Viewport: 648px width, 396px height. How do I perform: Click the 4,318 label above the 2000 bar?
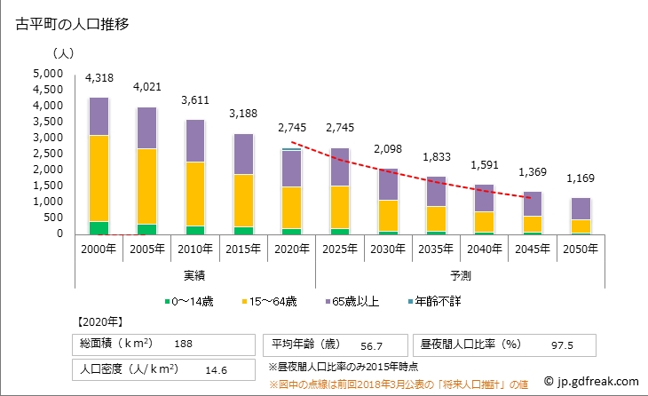click(x=99, y=79)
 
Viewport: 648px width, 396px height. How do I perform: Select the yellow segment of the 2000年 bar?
click(x=99, y=178)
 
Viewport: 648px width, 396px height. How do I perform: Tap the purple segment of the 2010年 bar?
click(x=196, y=140)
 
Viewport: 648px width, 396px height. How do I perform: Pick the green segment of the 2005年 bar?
click(x=147, y=229)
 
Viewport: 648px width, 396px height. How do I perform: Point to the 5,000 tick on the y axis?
click(x=48, y=74)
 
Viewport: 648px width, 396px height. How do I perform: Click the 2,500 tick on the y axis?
click(x=48, y=154)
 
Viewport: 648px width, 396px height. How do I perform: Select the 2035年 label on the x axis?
click(x=437, y=248)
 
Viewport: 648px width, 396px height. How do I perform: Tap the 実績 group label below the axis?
click(x=194, y=275)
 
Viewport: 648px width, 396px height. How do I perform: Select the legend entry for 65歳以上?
click(x=357, y=302)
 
